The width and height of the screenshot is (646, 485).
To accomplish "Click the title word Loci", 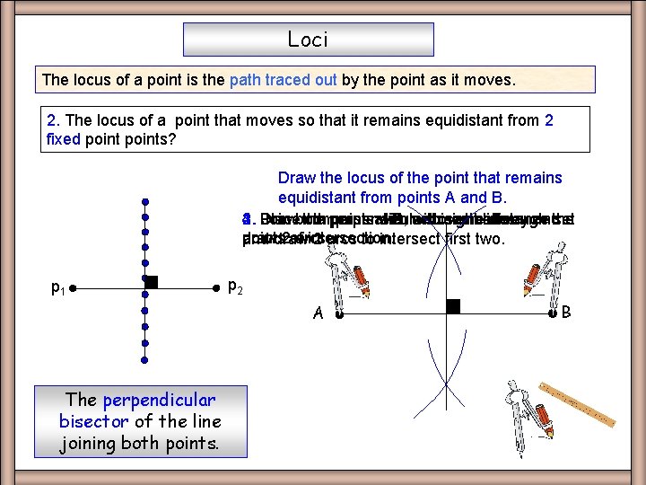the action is click(x=308, y=40).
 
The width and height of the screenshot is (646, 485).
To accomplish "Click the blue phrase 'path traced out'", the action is click(x=284, y=80).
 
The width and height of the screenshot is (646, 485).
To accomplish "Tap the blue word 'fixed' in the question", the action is click(x=63, y=139).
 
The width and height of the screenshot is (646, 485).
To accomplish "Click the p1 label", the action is click(x=56, y=288).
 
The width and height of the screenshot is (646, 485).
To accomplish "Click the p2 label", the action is click(x=233, y=287).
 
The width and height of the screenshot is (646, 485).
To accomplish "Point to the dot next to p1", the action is click(x=73, y=289).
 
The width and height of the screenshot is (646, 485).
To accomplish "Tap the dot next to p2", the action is click(x=216, y=289).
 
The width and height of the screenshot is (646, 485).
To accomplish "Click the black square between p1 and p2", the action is click(x=151, y=282).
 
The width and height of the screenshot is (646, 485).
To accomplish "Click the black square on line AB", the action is click(x=453, y=306).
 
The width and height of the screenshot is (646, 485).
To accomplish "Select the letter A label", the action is click(x=319, y=313).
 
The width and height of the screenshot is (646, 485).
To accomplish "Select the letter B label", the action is click(x=566, y=313).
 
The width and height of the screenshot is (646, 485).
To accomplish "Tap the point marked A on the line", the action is click(x=338, y=314).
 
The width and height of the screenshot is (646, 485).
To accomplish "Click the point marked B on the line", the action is click(x=552, y=313).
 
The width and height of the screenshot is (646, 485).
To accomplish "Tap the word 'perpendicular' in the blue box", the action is click(x=159, y=400).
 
